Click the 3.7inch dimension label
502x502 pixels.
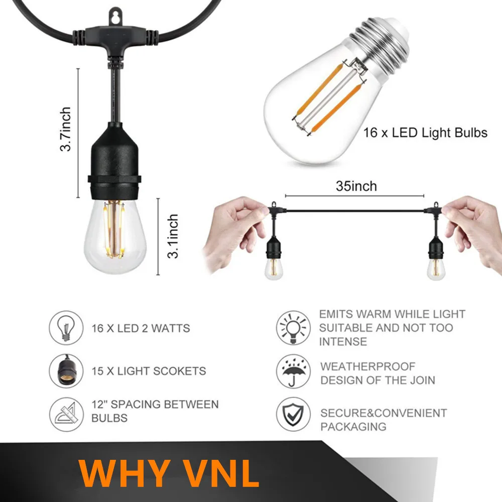click(65, 129)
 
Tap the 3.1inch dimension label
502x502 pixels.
click(173, 236)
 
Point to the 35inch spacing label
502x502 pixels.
click(356, 186)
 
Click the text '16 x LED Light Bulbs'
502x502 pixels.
click(425, 133)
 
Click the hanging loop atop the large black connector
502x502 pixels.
click(115, 17)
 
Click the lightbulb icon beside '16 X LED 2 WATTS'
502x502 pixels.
click(66, 328)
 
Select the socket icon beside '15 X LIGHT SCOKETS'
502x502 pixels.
click(66, 371)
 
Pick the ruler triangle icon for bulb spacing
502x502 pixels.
click(66, 414)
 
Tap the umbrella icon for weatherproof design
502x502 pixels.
click(293, 371)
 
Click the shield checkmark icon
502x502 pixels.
click(293, 414)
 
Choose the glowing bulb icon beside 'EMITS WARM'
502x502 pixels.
click(293, 328)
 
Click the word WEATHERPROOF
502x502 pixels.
click(368, 366)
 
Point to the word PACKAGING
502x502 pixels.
click(353, 426)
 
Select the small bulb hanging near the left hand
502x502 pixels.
click(274, 268)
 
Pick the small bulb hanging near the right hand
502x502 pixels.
click(436, 268)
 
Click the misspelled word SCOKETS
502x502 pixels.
click(180, 371)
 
